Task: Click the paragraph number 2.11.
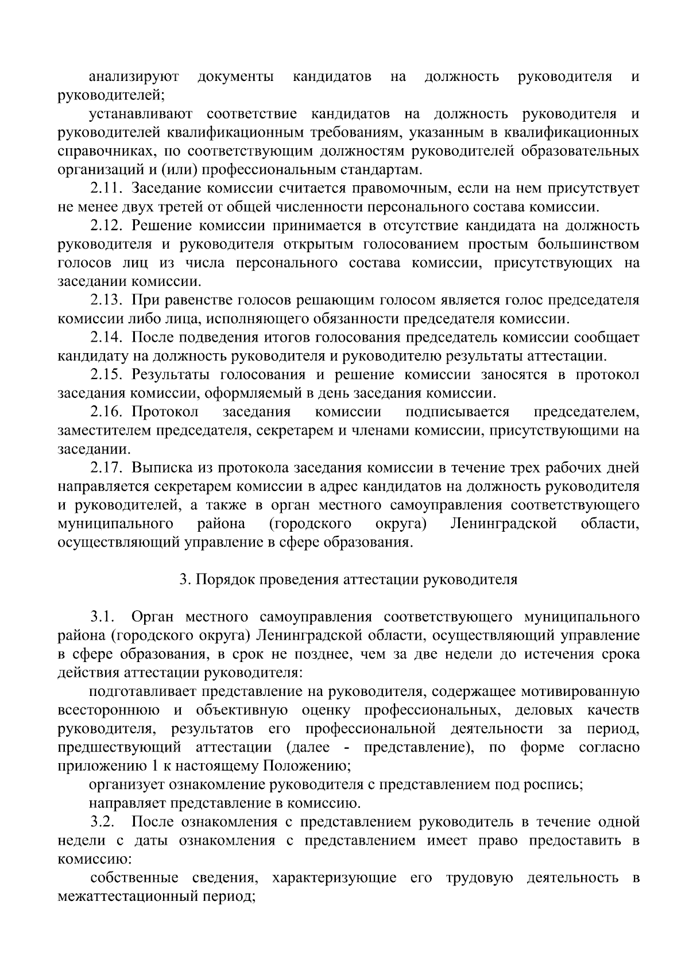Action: (x=106, y=188)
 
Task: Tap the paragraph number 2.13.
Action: (x=106, y=300)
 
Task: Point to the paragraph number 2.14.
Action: (x=106, y=338)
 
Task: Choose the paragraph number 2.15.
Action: (x=106, y=375)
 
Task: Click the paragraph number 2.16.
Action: (x=106, y=412)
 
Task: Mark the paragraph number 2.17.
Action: (x=106, y=468)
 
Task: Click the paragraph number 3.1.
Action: (x=103, y=617)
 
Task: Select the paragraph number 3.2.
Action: (x=103, y=822)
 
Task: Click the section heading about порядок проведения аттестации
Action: (x=349, y=579)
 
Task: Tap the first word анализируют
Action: (x=134, y=76)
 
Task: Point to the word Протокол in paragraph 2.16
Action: (x=165, y=412)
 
